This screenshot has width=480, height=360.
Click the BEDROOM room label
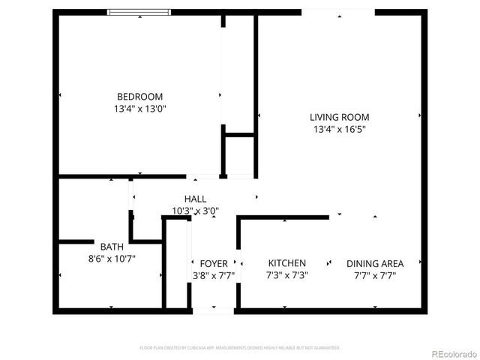pos(139,97)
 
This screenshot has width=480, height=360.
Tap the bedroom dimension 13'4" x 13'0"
pos(139,109)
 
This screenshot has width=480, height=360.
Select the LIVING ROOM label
pos(340,117)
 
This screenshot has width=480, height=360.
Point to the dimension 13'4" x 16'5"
pos(340,129)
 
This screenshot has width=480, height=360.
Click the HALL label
pos(195,199)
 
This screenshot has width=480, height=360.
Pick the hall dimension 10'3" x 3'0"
pos(195,211)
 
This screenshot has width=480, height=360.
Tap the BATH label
pos(112,246)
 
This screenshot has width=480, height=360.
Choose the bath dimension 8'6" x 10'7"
pos(112,259)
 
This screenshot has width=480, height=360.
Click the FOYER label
pos(214,263)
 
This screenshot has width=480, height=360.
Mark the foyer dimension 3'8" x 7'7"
pos(214,275)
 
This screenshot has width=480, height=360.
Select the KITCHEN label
pos(287,263)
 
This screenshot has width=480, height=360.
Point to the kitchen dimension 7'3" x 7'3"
pos(287,275)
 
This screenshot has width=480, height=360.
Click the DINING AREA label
pos(375,263)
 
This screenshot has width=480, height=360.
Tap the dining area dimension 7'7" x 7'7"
pos(375,275)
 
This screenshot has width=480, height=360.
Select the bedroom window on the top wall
pos(139,12)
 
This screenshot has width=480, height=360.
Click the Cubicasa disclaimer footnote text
pos(240,348)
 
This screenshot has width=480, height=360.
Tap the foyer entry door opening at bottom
pos(214,310)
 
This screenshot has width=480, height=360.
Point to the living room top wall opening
pos(338,12)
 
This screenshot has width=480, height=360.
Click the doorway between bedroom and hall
pos(203,177)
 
